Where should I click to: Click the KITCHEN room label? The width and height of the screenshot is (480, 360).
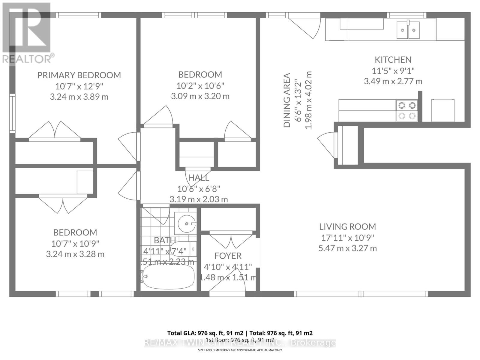393,60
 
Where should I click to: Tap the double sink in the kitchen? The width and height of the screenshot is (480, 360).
408,30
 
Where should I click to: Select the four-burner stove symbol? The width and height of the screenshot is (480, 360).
407,110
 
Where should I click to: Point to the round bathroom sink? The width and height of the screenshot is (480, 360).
186,223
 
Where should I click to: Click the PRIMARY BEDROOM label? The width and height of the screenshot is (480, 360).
79,75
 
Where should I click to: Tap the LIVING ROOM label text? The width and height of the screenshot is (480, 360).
347,226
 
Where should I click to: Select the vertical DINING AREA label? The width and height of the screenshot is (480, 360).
287,100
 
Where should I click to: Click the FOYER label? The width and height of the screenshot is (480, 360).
228,256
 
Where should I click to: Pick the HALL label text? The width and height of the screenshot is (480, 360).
199,178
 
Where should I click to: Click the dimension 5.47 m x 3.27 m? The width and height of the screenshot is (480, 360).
347,248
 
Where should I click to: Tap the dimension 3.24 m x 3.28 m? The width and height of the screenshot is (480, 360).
75,254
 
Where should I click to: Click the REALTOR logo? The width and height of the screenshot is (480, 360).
27,33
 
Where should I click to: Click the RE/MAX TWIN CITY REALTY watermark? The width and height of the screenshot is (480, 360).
240,343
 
